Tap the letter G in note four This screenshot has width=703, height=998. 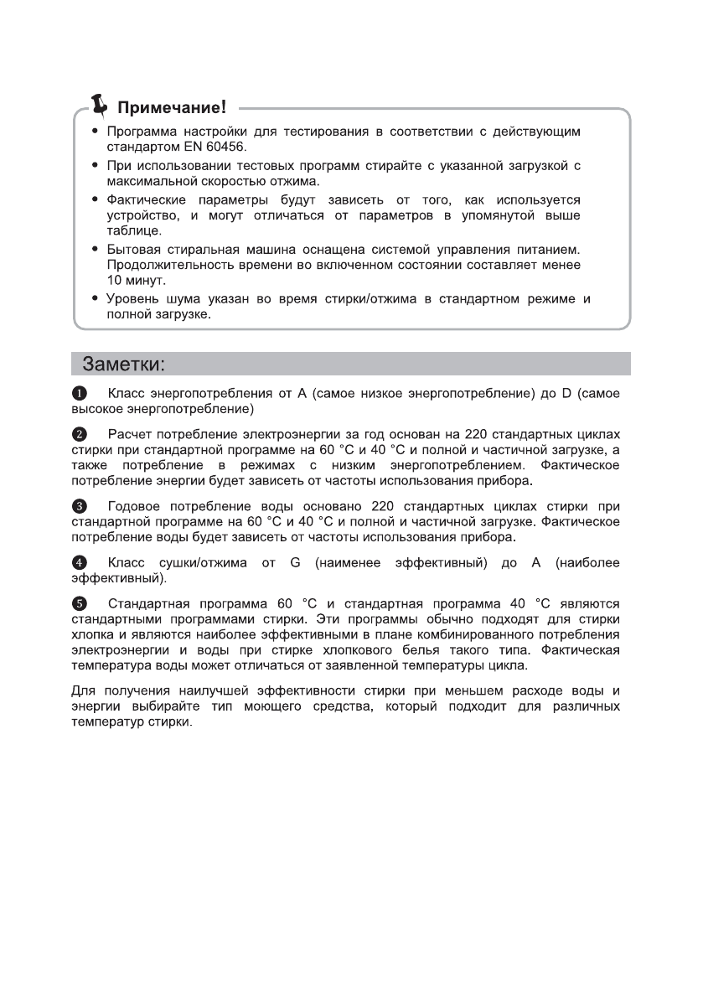coord(295,563)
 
